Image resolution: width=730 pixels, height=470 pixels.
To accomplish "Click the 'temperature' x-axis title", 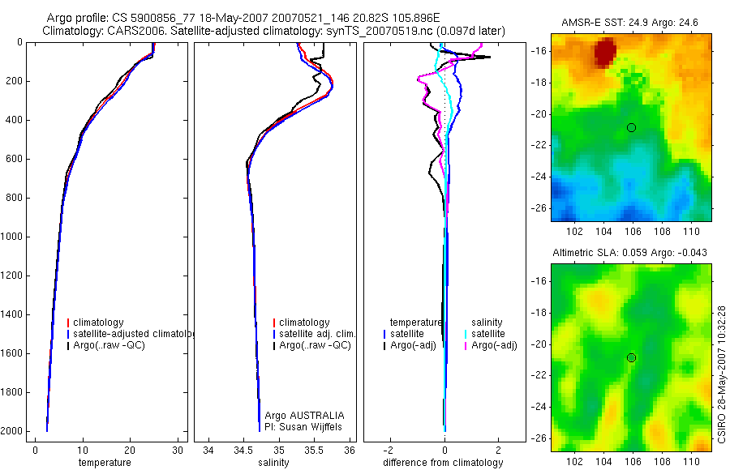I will tap(104, 463).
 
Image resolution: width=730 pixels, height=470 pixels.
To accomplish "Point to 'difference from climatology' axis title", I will tap(444, 463).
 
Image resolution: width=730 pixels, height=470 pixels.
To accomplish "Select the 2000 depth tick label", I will tap(12, 431).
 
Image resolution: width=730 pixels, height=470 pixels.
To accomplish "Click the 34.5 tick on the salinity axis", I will tap(243, 450).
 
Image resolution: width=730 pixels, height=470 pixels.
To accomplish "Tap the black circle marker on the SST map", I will tap(631, 127).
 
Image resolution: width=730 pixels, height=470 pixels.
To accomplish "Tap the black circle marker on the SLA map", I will tap(631, 357).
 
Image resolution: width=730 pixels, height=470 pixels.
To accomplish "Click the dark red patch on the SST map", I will tap(604, 53).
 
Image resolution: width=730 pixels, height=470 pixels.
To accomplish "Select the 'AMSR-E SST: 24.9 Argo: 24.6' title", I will tap(630, 27).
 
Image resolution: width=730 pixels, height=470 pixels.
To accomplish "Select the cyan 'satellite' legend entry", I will tap(488, 334).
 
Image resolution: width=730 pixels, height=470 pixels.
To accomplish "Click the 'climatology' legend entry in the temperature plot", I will tap(98, 323).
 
